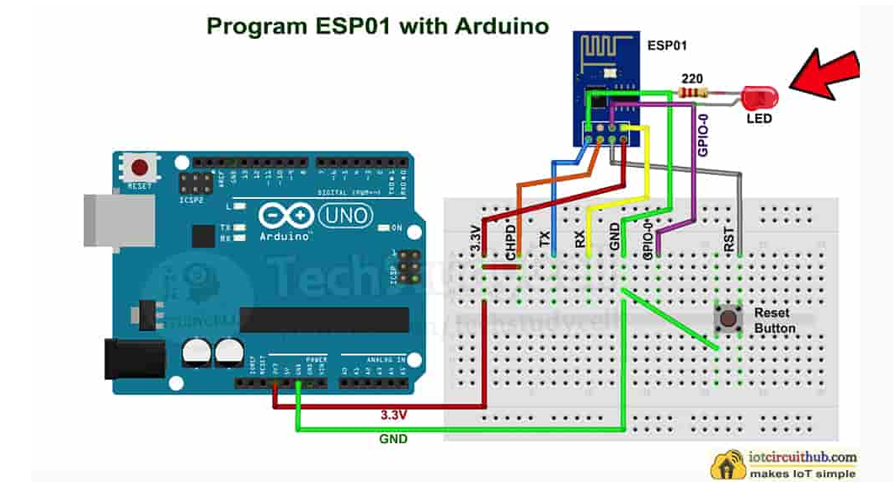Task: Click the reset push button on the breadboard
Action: click(x=725, y=319)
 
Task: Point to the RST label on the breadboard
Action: click(x=729, y=238)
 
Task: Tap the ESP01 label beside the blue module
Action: click(x=666, y=45)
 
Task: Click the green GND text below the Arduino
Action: click(x=392, y=438)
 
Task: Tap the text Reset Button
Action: click(x=774, y=320)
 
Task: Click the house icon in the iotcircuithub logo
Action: click(x=729, y=464)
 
